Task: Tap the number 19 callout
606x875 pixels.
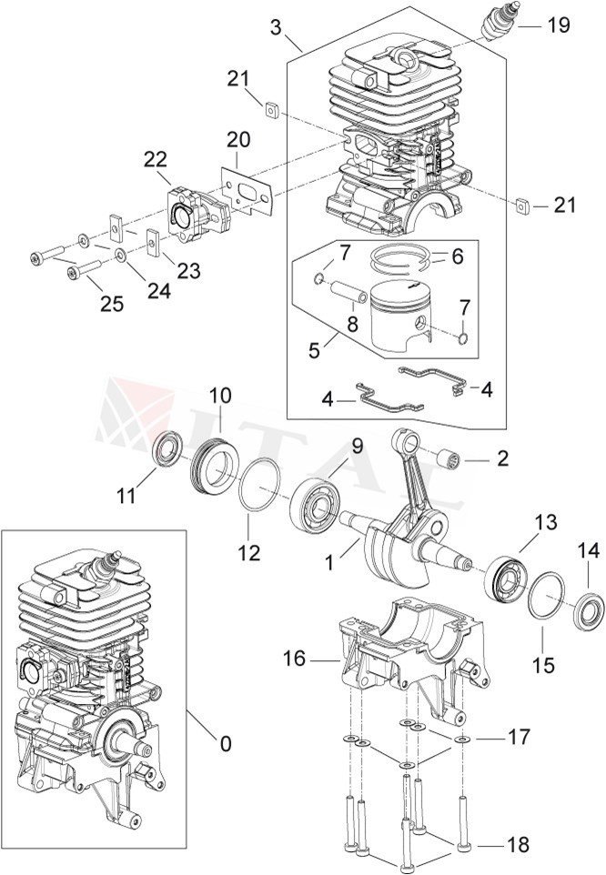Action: pyautogui.click(x=558, y=25)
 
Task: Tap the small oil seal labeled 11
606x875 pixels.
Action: pyautogui.click(x=167, y=450)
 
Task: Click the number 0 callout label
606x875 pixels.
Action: pyautogui.click(x=225, y=744)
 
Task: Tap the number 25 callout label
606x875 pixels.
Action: pyautogui.click(x=111, y=304)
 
